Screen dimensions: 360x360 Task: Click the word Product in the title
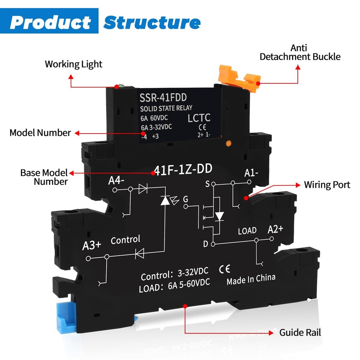point(50,22)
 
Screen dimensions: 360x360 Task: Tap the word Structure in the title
point(152,22)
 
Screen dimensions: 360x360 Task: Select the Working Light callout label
point(73,64)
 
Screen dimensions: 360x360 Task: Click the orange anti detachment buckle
point(245,76)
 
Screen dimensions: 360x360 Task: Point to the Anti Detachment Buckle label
point(300,52)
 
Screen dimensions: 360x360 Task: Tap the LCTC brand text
point(199,118)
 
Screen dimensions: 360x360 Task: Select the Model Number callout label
point(40,132)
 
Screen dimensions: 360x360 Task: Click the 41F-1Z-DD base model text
point(183,169)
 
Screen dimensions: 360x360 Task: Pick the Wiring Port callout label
point(327,185)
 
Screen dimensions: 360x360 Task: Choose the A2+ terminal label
point(276,229)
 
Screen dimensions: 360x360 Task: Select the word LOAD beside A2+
point(247,230)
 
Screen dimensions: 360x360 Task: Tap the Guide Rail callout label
point(300,332)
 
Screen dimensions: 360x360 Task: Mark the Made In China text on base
point(251,279)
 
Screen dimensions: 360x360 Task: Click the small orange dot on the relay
point(228,144)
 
